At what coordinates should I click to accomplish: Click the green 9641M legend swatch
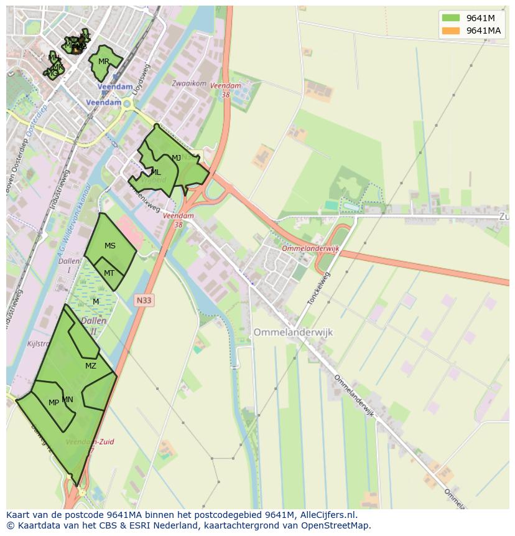pos(450,18)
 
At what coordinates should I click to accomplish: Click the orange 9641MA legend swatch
pos(450,31)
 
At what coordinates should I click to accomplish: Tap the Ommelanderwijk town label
pos(293,332)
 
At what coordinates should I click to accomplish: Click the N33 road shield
pos(144,300)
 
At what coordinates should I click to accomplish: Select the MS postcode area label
pos(110,246)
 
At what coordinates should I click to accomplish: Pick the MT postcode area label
pos(109,273)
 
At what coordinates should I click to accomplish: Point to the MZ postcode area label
pos(91,366)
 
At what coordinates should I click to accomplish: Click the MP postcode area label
pos(53,403)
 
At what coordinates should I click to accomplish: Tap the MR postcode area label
pos(103,62)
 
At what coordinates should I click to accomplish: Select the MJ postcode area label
pos(176,158)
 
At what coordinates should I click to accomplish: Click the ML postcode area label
pos(155,172)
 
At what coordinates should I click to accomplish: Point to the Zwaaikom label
pos(189,83)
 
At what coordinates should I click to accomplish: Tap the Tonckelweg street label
pos(318,288)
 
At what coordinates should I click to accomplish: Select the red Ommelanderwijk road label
pos(310,248)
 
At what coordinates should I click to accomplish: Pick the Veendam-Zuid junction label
pos(90,442)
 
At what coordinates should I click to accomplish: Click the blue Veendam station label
pos(104,102)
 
